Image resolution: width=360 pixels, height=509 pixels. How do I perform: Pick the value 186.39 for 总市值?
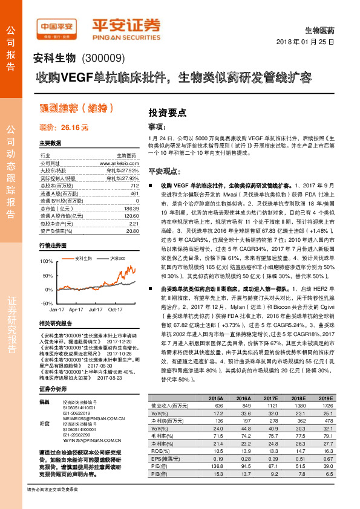[131, 208]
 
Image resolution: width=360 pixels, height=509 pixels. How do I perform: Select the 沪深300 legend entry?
[115, 259]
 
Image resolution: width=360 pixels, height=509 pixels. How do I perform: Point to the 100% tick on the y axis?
[46, 261]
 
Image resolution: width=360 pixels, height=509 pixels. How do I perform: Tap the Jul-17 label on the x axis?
[95, 309]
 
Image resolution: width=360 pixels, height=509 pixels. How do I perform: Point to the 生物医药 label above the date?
[321, 29]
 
